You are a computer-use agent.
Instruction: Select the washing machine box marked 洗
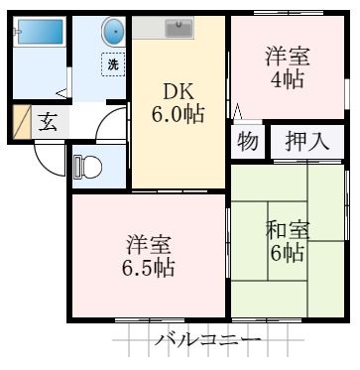[x=114, y=65]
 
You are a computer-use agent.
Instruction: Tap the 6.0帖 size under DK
[x=179, y=115]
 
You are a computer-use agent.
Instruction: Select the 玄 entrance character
[x=48, y=123]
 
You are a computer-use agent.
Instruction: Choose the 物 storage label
[x=248, y=142]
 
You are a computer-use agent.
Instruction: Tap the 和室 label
[x=288, y=231]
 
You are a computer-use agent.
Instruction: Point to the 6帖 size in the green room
[x=289, y=254]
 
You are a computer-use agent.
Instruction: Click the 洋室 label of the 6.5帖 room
[x=150, y=244]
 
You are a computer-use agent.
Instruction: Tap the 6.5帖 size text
[x=150, y=268]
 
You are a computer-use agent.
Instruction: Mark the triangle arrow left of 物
[x=236, y=110]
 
